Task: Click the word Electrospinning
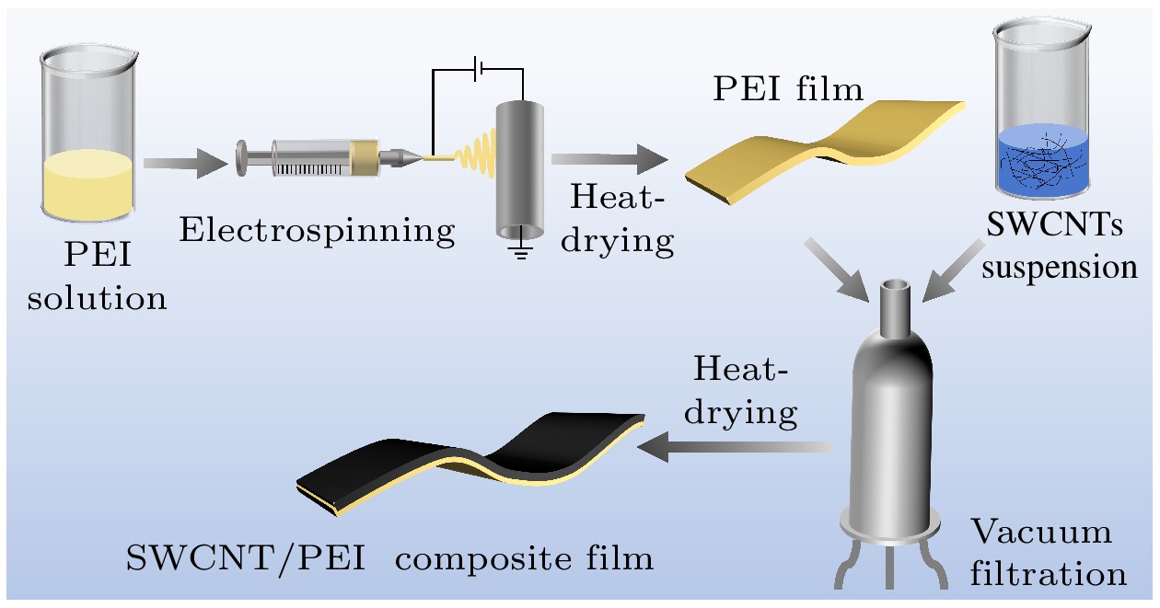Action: tap(317, 230)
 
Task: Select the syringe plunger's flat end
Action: tap(242, 157)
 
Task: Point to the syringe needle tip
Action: tap(425, 159)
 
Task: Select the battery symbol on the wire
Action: tap(477, 70)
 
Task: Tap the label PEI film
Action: tap(787, 89)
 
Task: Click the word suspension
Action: tap(1070, 268)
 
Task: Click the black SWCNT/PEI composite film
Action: tap(479, 451)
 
